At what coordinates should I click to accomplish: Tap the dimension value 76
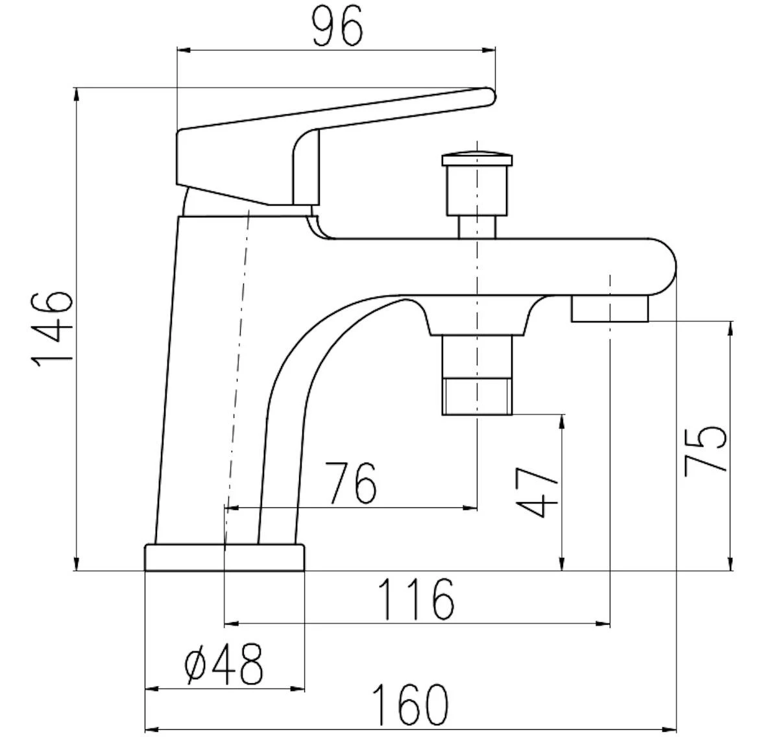click(350, 483)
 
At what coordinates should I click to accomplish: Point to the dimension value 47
click(537, 492)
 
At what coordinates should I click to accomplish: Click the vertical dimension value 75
click(705, 450)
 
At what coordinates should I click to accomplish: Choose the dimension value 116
click(416, 599)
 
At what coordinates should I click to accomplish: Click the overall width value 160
click(411, 705)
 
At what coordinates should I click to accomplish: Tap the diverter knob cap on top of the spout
click(477, 160)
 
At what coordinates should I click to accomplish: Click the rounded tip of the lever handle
click(490, 96)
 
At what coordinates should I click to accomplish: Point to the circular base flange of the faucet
click(224, 557)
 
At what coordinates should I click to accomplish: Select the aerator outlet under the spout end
click(609, 309)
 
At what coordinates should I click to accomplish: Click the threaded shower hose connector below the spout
click(477, 397)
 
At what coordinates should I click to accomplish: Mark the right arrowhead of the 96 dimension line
click(489, 49)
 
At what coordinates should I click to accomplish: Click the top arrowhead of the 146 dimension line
click(77, 95)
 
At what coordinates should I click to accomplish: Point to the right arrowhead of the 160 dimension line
click(669, 729)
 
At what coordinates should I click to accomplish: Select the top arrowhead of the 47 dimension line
click(562, 422)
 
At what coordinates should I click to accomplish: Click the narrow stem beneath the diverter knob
click(477, 226)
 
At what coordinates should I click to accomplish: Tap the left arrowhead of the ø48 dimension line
click(153, 688)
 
